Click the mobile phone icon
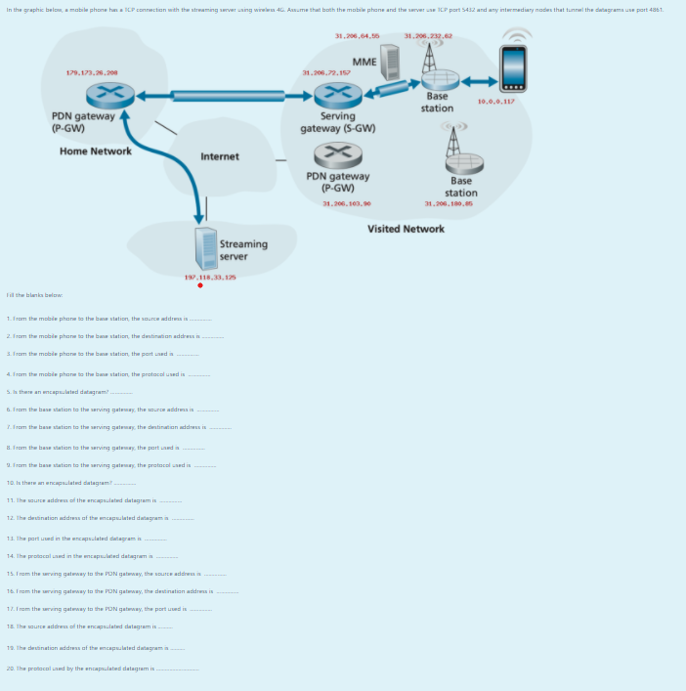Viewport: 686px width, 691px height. (513, 69)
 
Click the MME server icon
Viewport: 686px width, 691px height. (390, 62)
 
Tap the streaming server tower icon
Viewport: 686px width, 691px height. (204, 248)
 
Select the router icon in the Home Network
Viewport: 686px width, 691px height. (109, 95)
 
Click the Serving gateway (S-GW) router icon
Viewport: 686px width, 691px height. (337, 95)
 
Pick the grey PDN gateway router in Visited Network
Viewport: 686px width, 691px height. (337, 155)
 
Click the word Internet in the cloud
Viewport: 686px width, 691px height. (219, 156)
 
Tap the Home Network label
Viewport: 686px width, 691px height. (95, 151)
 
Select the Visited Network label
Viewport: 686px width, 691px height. (406, 229)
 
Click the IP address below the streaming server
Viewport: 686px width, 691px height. (210, 278)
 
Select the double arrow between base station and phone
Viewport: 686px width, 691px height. (479, 80)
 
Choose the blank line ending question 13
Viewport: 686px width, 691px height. (155, 539)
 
